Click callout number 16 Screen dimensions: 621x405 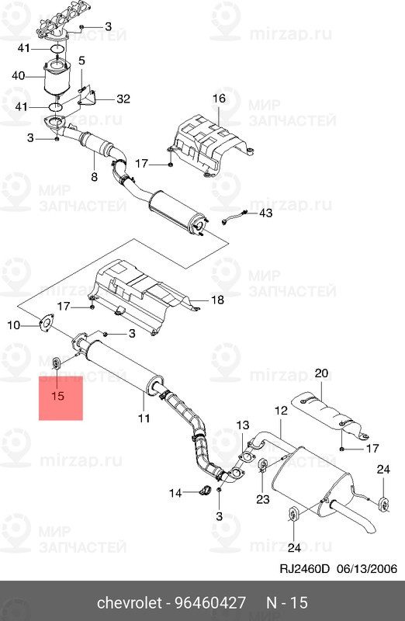[218, 99]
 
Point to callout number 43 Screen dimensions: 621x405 [265, 212]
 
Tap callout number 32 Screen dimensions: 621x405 [123, 99]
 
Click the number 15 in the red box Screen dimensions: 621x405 [61, 397]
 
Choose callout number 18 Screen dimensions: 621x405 [217, 300]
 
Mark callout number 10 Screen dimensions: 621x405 [13, 324]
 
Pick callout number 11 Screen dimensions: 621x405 [94, 177]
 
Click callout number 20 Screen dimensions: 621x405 [322, 374]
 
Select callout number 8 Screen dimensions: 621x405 [144, 418]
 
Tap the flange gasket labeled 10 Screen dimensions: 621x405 [46, 325]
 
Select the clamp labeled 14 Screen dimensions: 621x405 [206, 490]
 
